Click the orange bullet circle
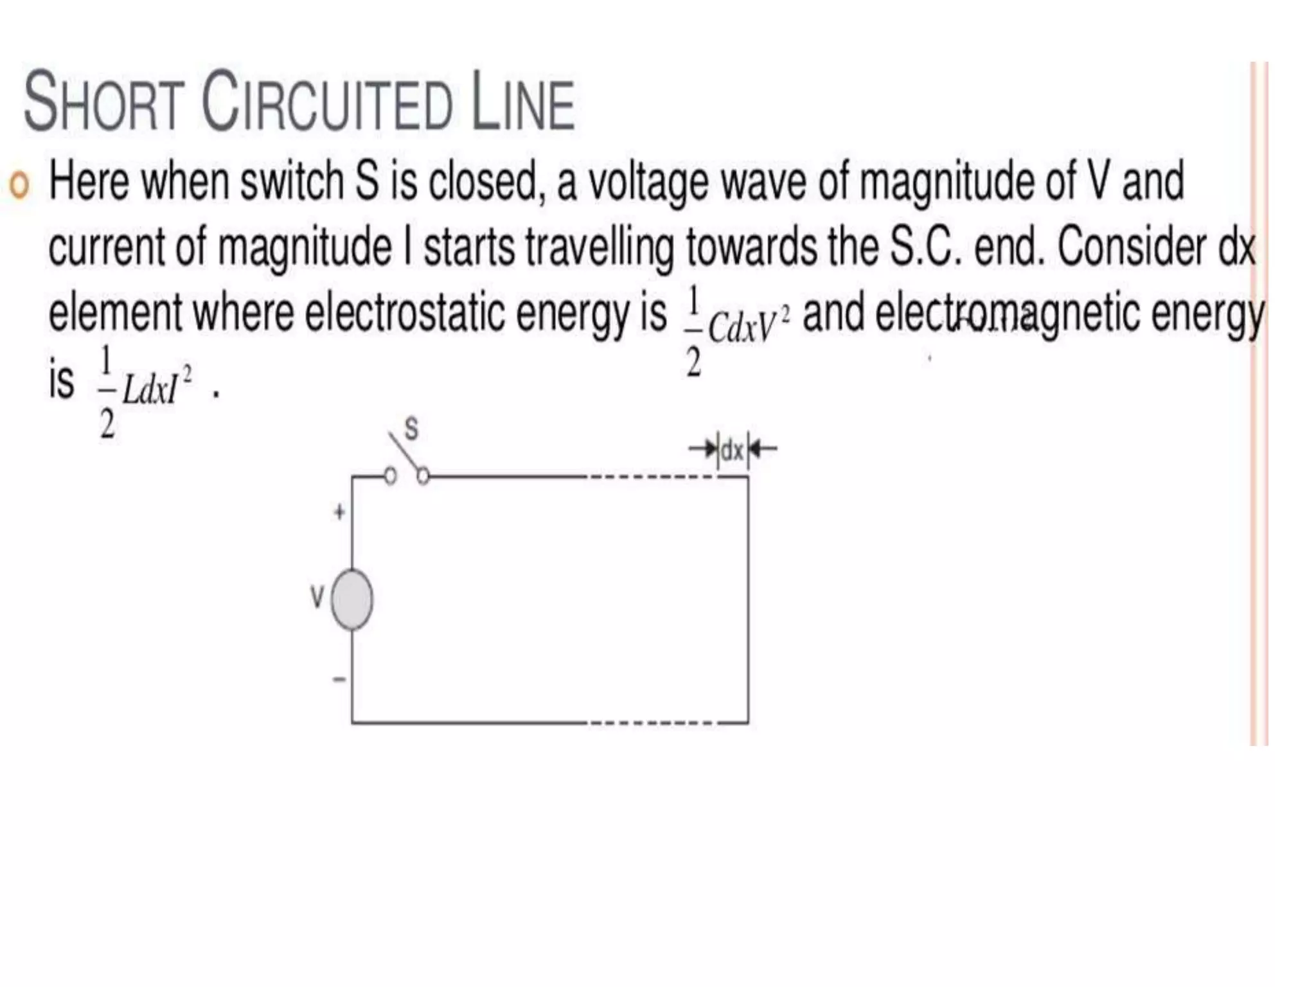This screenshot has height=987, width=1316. click(x=20, y=186)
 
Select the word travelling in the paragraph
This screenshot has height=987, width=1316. click(x=600, y=247)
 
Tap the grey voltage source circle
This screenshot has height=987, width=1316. click(x=351, y=599)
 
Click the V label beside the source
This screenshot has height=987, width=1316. click(x=317, y=598)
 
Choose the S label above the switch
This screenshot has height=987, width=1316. click(x=411, y=429)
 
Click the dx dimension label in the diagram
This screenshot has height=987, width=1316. click(x=732, y=450)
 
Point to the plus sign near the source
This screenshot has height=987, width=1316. click(x=339, y=512)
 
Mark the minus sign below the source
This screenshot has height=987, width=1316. click(x=339, y=679)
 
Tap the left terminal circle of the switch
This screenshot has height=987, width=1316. click(x=389, y=476)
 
